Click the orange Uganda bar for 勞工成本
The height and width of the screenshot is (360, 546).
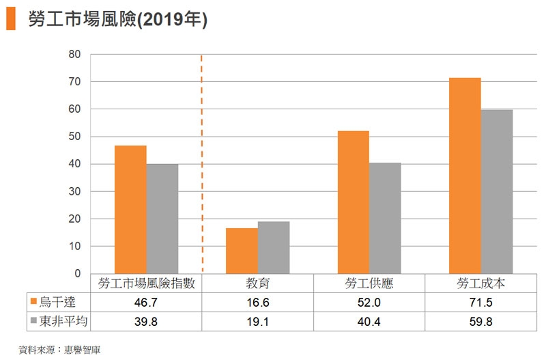tap(465, 176)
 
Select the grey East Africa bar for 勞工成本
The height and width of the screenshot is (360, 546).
tap(496, 191)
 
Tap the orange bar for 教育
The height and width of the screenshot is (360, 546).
tap(242, 251)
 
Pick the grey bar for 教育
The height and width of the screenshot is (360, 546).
tap(274, 247)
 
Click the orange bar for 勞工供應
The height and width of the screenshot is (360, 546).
tap(353, 202)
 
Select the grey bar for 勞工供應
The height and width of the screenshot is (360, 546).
tap(385, 218)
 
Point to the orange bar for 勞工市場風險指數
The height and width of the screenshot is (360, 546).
tap(130, 209)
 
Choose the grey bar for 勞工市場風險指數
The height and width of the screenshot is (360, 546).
tap(162, 219)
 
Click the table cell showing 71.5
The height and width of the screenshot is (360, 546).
tap(480, 301)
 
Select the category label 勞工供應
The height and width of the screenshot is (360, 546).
tap(369, 283)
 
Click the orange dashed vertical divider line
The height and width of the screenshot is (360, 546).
tap(202, 164)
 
